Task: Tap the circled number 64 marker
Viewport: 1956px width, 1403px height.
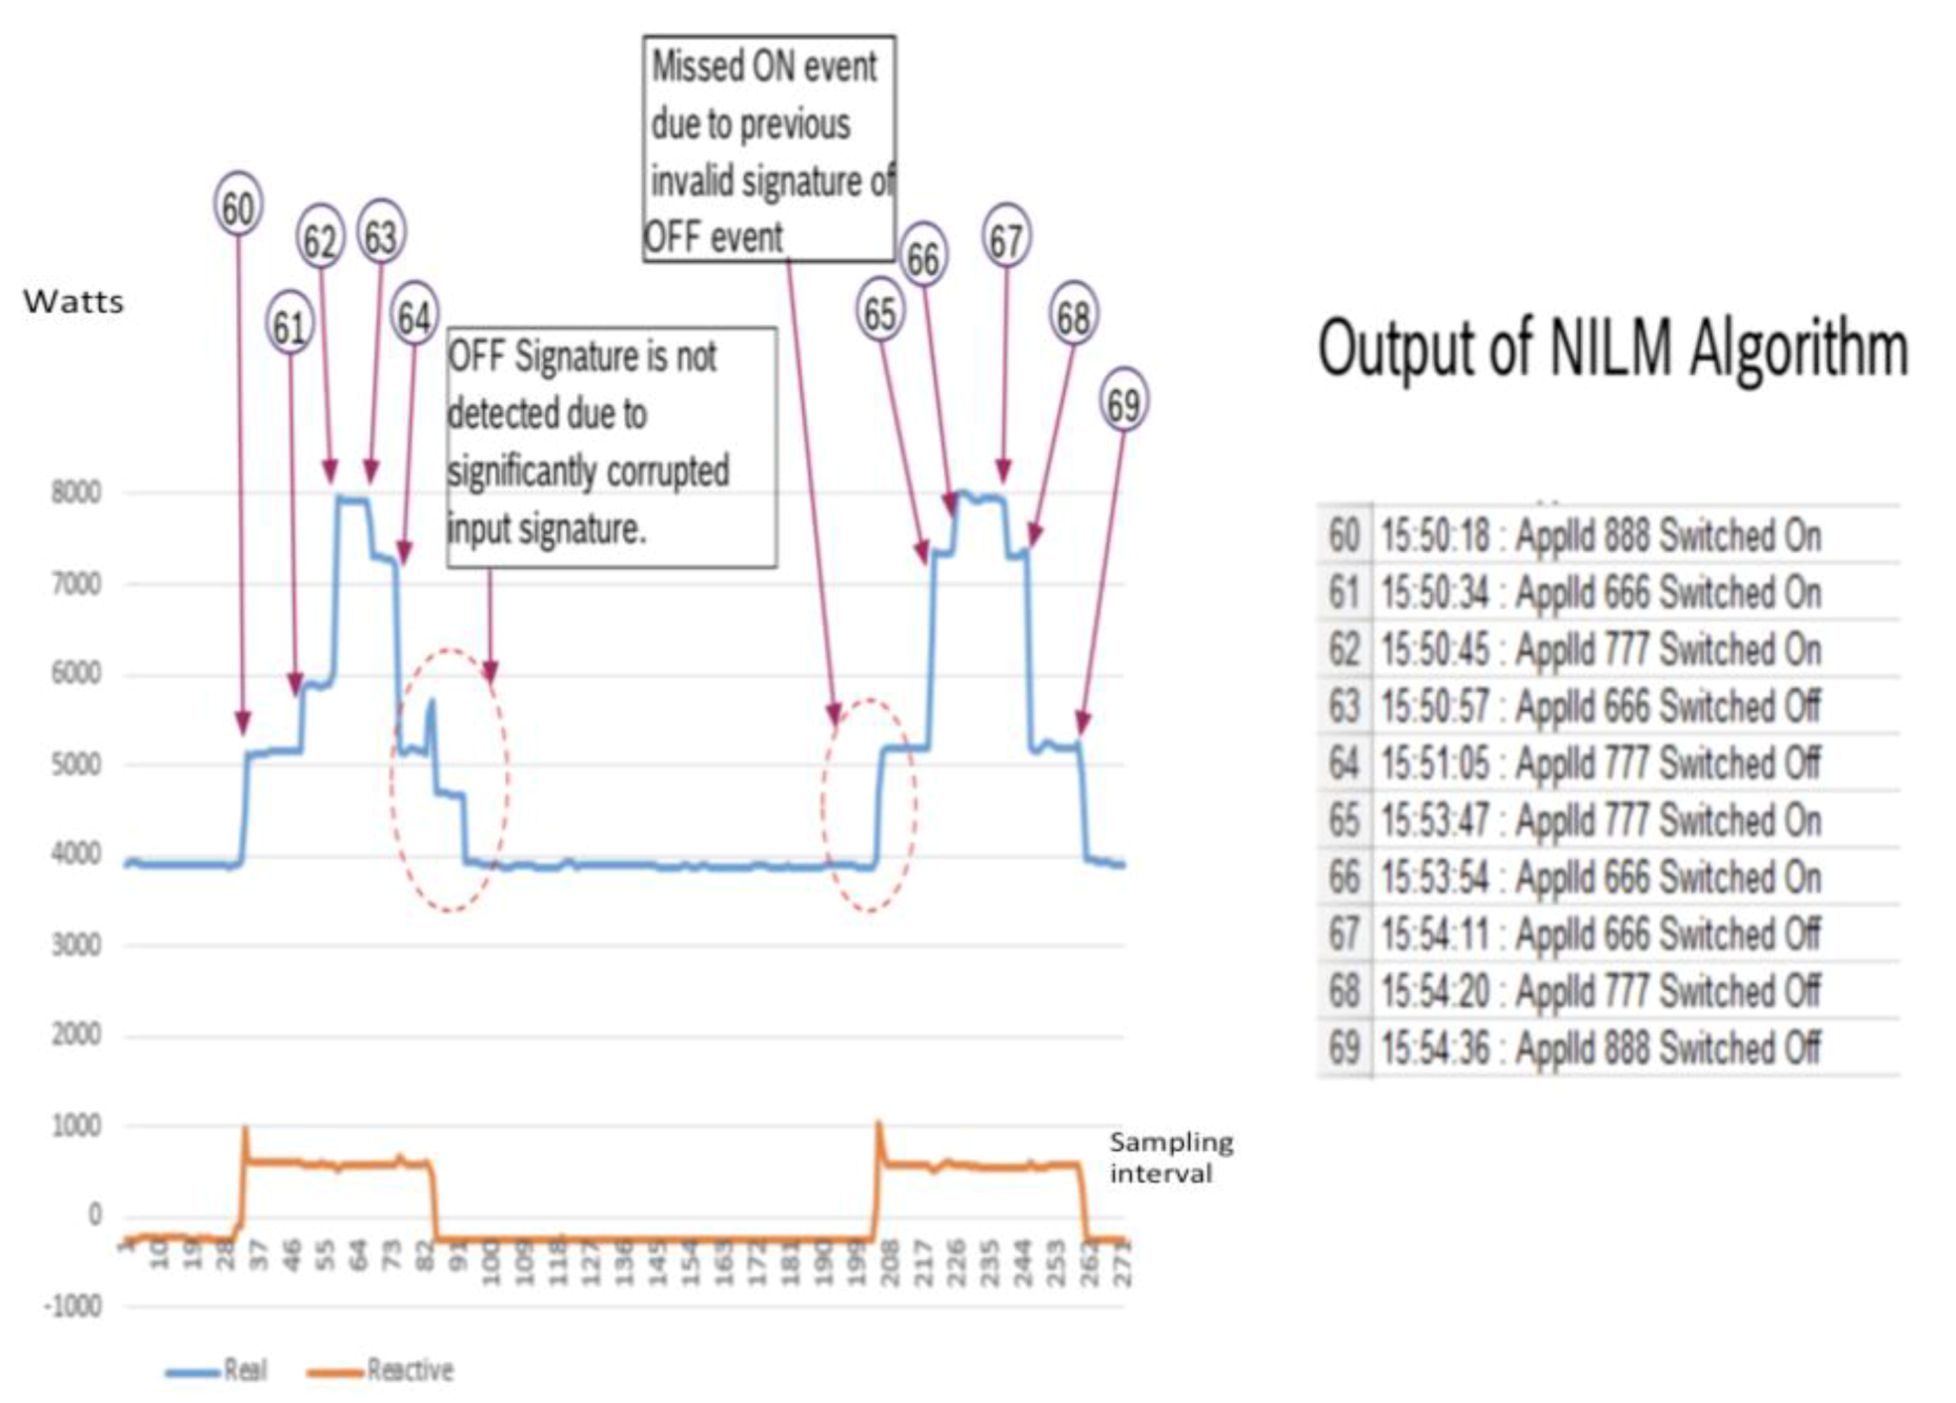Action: tap(414, 317)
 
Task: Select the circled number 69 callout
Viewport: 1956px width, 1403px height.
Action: tap(1123, 403)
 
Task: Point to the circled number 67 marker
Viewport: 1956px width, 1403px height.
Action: tap(1006, 239)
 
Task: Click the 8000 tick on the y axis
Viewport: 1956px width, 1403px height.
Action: tap(76, 492)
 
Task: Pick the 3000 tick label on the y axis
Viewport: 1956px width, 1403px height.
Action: tap(76, 944)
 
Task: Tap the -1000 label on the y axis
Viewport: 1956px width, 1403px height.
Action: tap(72, 1306)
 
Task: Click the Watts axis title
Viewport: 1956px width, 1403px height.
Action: tap(73, 302)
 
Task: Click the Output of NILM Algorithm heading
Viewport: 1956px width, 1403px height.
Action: tap(1613, 349)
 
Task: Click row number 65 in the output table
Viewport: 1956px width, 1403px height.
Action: tap(1344, 821)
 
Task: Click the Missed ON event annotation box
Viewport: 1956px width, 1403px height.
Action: tap(769, 149)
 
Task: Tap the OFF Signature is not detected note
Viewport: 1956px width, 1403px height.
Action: tap(611, 445)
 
